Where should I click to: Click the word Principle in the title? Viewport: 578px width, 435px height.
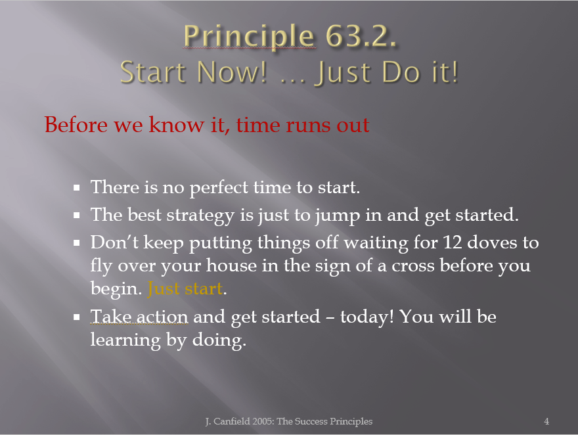249,37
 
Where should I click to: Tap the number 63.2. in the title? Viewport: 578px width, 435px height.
361,36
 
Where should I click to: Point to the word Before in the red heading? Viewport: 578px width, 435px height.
76,125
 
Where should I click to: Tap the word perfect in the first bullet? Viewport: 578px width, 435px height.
219,188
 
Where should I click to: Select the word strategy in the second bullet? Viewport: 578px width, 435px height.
200,216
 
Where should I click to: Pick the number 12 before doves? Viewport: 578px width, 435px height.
453,242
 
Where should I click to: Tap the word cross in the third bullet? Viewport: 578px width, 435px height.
413,266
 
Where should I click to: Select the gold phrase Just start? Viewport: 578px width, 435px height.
185,288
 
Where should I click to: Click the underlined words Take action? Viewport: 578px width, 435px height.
139,316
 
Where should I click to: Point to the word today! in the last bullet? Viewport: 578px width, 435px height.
367,317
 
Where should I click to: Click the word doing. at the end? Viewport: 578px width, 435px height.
219,340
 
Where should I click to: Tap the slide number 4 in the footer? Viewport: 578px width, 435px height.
546,421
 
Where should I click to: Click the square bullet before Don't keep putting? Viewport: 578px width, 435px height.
77,243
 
